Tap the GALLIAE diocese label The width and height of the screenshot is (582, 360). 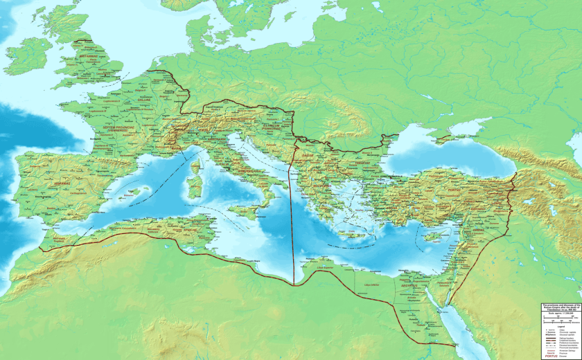(143, 100)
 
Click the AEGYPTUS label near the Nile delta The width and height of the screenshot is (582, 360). (409, 285)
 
